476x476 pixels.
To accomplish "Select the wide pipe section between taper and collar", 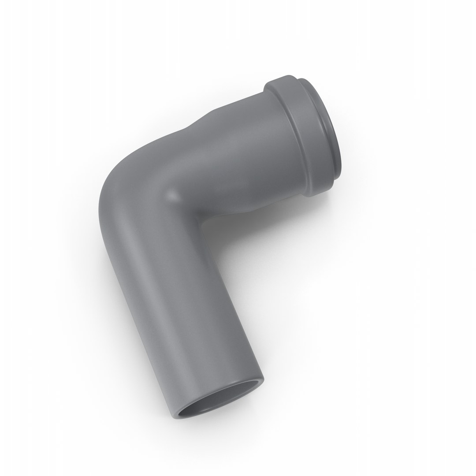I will pos(247,141).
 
